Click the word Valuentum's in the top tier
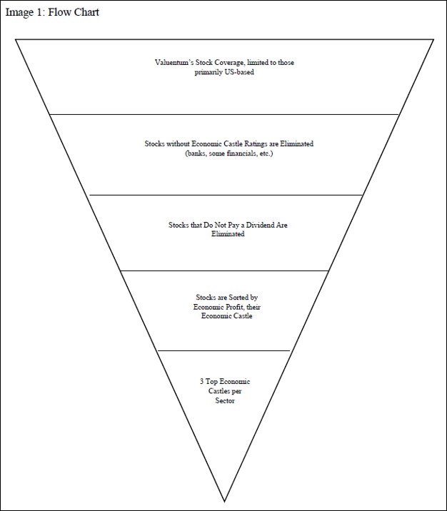(x=173, y=63)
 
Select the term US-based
(x=239, y=72)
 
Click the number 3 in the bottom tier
(x=202, y=382)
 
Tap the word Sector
(x=225, y=400)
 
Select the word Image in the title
(x=19, y=12)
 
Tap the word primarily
(x=209, y=72)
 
